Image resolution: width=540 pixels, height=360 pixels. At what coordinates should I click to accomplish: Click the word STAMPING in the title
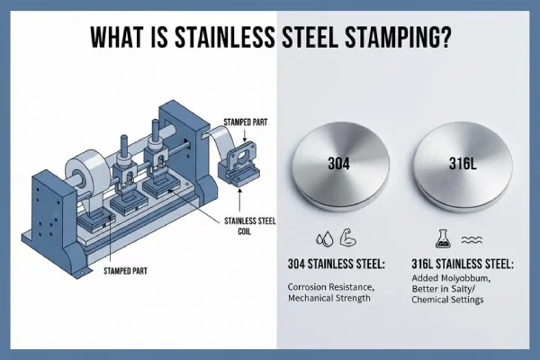(384, 39)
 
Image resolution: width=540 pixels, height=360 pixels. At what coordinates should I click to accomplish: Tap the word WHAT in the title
(116, 39)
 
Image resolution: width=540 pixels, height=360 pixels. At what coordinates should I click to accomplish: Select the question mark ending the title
(446, 39)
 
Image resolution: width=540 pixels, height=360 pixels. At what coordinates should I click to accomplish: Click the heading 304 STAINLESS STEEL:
(346, 265)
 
